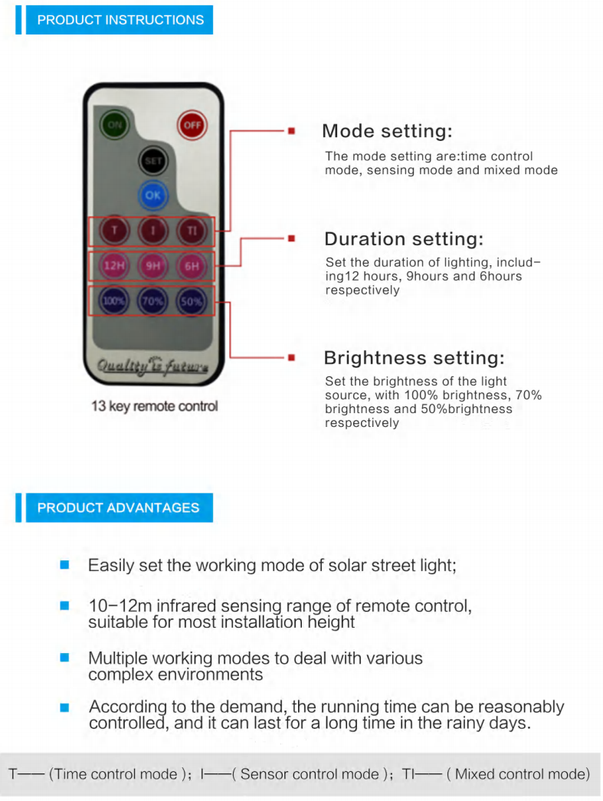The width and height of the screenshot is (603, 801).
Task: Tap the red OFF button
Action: [x=192, y=125]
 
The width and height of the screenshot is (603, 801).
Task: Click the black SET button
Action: [x=152, y=161]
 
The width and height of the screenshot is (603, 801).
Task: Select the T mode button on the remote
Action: [x=114, y=231]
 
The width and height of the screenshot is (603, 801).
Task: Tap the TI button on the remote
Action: [x=192, y=231]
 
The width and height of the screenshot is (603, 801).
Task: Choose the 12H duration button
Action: [x=114, y=266]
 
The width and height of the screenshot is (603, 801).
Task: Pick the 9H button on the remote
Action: [x=152, y=266]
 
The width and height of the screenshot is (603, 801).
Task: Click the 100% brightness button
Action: [x=114, y=301]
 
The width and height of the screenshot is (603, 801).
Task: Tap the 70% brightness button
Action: [x=152, y=301]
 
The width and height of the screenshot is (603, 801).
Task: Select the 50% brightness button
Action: [x=192, y=301]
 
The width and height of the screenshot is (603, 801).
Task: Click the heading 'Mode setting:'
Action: [x=387, y=131]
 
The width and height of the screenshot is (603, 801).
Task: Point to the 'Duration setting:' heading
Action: [x=403, y=239]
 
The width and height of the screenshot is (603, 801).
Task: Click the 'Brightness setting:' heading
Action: [x=414, y=358]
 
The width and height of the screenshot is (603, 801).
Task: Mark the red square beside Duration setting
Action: [x=292, y=238]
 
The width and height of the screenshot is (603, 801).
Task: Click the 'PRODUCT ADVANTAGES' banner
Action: [x=120, y=507]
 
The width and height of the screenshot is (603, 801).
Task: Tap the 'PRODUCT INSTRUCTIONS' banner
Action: [x=120, y=20]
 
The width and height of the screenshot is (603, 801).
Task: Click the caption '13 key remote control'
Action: [x=155, y=406]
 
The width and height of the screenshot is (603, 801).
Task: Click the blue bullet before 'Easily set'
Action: [x=64, y=564]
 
